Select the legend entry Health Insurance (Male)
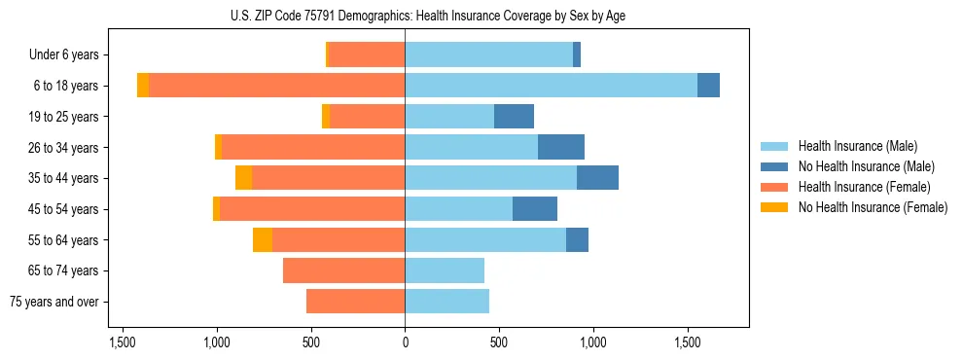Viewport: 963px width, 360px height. pos(857,146)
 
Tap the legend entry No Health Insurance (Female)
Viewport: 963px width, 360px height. pos(873,207)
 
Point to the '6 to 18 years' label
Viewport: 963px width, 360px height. pos(65,86)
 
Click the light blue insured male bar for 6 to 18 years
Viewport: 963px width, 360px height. pos(551,86)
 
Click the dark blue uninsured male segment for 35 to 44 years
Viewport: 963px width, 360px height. pos(597,178)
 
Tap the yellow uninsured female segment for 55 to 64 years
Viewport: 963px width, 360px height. pos(263,239)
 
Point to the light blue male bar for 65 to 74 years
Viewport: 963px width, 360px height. pos(445,270)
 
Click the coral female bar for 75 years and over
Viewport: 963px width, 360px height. pos(355,302)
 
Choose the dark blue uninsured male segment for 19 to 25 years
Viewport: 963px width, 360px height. pos(514,117)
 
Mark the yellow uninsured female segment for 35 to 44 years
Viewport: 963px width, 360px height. pos(243,178)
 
